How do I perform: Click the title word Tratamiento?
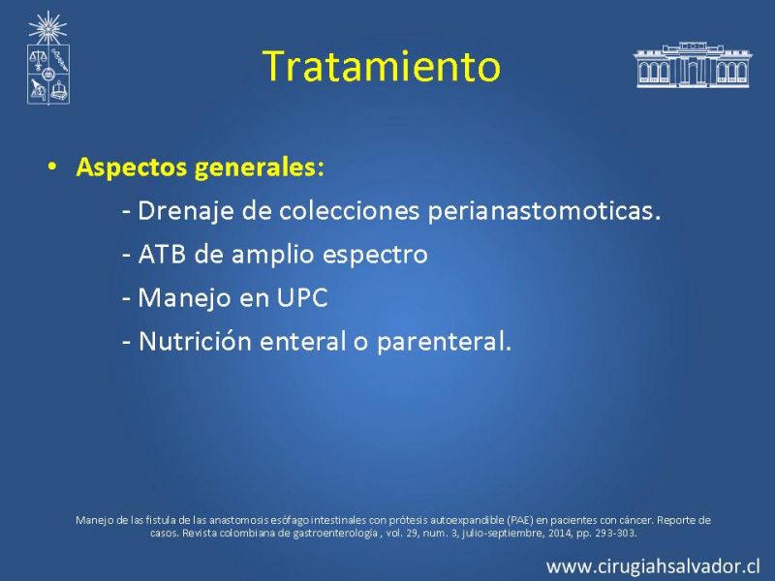[382, 66]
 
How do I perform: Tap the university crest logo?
[47, 58]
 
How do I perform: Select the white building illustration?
[692, 65]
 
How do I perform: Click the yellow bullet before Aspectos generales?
[52, 167]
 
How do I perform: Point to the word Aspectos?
[132, 168]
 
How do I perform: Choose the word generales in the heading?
[259, 168]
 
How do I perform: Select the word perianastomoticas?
[544, 211]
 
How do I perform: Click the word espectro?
[375, 256]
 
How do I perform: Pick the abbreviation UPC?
[302, 298]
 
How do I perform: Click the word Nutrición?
[195, 341]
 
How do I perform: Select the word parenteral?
[444, 342]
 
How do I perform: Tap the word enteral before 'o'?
[303, 341]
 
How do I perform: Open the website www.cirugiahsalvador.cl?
[653, 566]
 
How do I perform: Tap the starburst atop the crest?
[47, 28]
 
